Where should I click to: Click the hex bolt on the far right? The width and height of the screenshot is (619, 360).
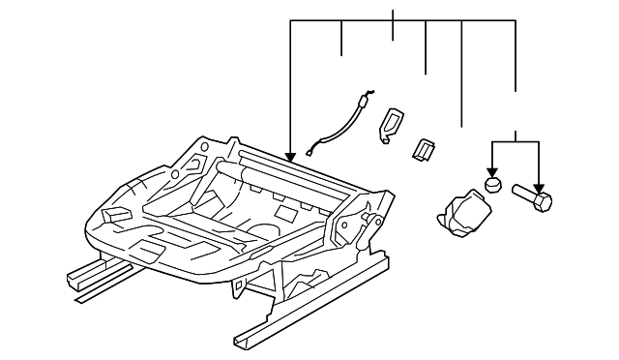coord(529,200)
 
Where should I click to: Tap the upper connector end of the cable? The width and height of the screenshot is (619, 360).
coord(365,97)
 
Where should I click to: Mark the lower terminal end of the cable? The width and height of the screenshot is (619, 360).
coord(311,149)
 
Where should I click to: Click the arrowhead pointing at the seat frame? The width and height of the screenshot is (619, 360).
coord(290,154)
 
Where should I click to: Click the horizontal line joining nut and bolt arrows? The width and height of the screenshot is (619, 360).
coord(516,141)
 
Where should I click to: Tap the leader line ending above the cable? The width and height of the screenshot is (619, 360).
coord(342,39)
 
